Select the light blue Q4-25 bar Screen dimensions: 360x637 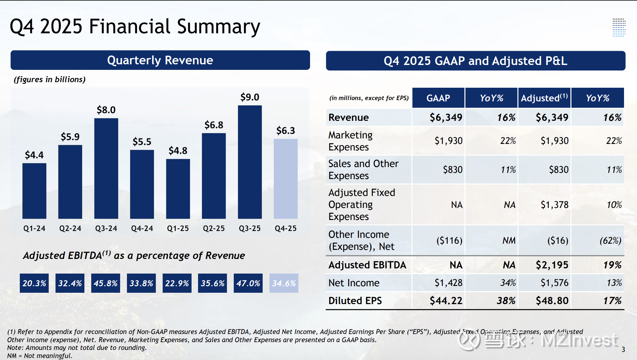(285, 179)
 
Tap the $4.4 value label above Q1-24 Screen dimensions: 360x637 (34, 155)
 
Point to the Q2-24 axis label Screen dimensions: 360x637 (70, 228)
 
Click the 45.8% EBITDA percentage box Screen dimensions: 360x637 (106, 283)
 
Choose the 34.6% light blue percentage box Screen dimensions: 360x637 (284, 283)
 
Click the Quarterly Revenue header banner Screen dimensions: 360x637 (160, 60)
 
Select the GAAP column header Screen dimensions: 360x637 (438, 98)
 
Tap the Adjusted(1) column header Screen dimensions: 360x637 (544, 98)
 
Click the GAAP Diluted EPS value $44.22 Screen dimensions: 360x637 (446, 301)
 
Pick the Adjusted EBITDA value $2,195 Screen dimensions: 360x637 (552, 265)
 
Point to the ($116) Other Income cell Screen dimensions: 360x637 (449, 241)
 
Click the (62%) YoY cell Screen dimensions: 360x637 (610, 241)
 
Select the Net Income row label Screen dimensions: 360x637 (354, 283)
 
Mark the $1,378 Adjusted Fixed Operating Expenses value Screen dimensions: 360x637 (555, 205)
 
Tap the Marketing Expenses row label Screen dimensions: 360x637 (350, 141)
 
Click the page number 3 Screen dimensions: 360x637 (623, 350)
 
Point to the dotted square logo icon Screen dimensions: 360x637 (619, 27)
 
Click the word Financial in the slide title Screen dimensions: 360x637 (130, 27)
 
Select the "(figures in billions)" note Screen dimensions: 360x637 (50, 80)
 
